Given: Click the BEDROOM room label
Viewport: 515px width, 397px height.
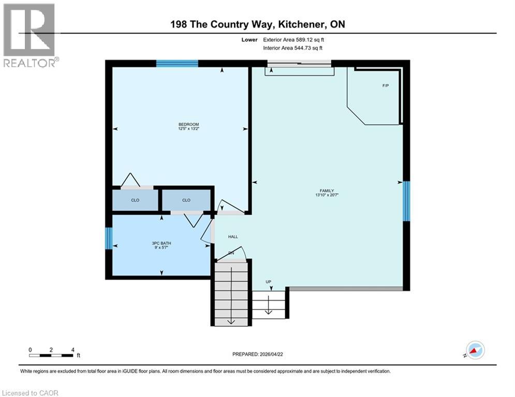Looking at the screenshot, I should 188,124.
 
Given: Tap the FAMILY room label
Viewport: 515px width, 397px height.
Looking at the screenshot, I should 326,190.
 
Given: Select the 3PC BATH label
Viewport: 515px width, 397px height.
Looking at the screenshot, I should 161,243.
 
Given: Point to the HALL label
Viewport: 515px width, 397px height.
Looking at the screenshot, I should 233,237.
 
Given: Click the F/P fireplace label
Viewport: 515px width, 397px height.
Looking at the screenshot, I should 385,85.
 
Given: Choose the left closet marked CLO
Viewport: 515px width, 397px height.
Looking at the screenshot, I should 135,200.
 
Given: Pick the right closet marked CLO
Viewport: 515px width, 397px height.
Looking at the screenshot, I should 186,200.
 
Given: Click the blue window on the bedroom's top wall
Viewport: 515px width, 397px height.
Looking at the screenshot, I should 177,64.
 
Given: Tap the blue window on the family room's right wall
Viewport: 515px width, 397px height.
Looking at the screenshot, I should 406,201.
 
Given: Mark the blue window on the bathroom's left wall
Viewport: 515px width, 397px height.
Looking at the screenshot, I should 109,238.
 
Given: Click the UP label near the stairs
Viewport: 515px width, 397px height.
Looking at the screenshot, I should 269,282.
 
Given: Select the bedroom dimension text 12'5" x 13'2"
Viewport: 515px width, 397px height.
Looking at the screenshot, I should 188,129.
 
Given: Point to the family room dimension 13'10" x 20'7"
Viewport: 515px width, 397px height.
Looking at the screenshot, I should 327,195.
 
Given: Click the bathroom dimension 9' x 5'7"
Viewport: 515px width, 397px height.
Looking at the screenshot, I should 161,248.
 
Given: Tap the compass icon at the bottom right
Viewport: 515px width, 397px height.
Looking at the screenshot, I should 475,350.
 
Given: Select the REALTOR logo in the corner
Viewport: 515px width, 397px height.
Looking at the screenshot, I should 30,35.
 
